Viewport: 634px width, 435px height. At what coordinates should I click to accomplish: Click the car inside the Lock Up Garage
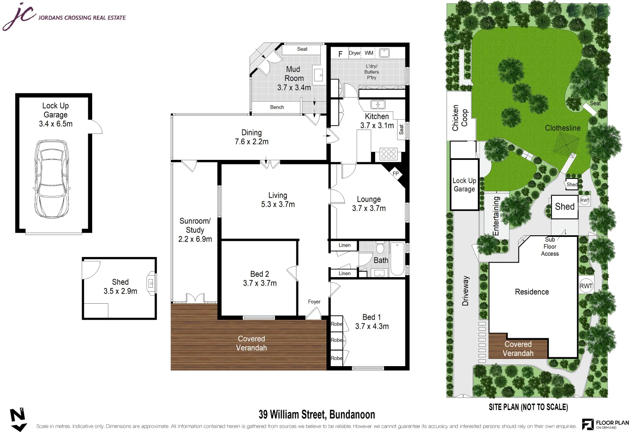52,179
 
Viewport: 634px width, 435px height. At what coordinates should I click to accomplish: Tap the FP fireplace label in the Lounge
395,174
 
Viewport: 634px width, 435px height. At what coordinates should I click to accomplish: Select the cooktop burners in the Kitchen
388,154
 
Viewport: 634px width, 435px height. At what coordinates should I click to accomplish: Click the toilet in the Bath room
380,248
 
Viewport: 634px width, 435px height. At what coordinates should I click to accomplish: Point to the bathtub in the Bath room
397,259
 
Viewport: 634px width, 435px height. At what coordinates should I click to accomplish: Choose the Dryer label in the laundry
355,53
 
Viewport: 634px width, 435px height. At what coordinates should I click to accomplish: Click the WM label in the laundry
369,53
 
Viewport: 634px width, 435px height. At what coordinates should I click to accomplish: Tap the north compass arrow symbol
19,420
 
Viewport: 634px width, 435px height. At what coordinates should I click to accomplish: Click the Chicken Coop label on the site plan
460,118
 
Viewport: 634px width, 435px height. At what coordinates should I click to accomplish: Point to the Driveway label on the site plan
465,291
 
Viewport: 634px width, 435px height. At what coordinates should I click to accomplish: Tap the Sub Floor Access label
549,246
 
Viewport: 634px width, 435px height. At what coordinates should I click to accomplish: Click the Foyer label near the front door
314,302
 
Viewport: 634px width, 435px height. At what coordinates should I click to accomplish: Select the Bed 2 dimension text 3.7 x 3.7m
260,283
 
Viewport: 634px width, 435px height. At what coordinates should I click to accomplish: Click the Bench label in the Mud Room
277,107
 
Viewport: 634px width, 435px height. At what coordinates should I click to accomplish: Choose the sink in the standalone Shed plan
151,283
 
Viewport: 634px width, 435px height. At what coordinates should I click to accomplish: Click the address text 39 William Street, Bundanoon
317,414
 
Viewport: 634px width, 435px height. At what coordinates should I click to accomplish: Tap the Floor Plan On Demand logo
605,424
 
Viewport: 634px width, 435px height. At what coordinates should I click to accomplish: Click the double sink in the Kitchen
378,104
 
